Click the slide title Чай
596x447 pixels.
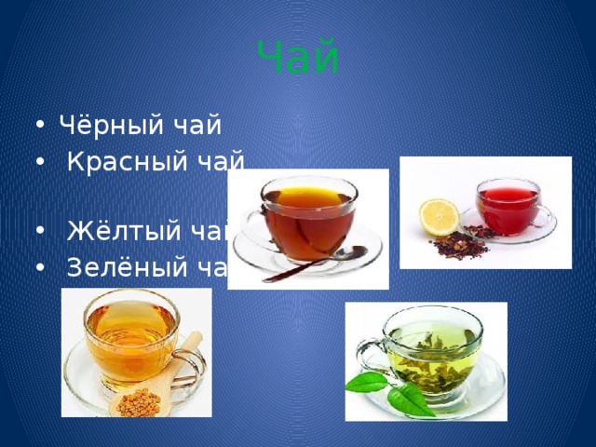click(297, 58)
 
